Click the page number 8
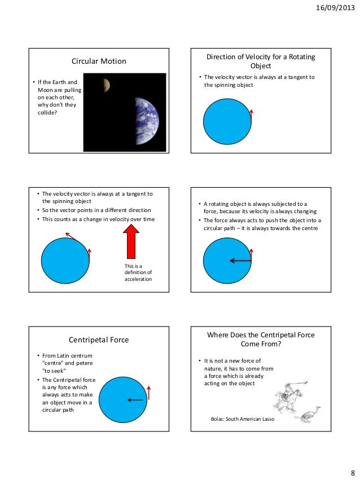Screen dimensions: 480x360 point(352,472)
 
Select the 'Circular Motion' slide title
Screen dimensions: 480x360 point(99,61)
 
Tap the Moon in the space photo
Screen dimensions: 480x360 point(106,85)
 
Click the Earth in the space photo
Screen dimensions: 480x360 point(147,121)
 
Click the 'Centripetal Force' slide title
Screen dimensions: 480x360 point(99,340)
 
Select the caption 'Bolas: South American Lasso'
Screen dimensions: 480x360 point(242,420)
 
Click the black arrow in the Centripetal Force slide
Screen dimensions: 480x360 point(135,400)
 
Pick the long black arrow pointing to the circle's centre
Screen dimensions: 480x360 point(240,261)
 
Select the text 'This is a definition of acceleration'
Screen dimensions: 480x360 point(138,272)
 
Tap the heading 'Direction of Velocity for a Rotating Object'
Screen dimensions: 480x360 point(260,61)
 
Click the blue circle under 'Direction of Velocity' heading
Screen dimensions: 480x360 point(227,123)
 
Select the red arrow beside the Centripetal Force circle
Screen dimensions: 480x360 point(149,393)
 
